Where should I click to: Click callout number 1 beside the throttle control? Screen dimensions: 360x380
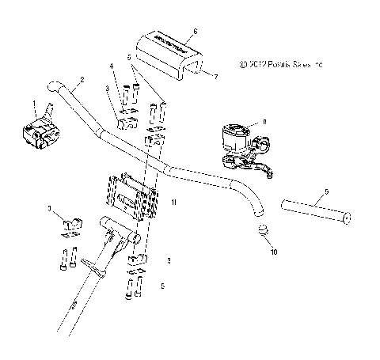pyautogui.click(x=34, y=105)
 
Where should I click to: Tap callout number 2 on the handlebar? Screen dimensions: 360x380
pyautogui.click(x=82, y=80)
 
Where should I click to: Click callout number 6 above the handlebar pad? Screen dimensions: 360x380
pyautogui.click(x=196, y=28)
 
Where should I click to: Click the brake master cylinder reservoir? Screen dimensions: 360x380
pyautogui.click(x=237, y=137)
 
